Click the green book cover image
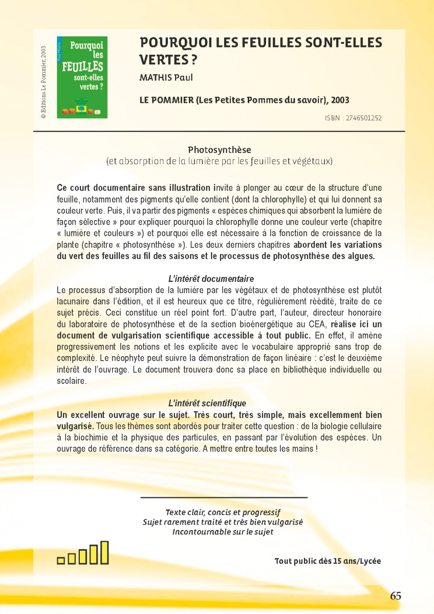pyautogui.click(x=82, y=77)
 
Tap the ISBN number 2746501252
pyautogui.click(x=364, y=118)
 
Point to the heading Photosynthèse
pyautogui.click(x=219, y=150)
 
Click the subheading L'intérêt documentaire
pyautogui.click(x=211, y=279)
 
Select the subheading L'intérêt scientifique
pyautogui.click(x=207, y=403)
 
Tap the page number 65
pyautogui.click(x=396, y=596)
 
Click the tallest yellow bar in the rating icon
pyautogui.click(x=104, y=553)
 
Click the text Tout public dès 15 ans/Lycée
pyautogui.click(x=328, y=561)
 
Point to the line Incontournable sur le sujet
pyautogui.click(x=223, y=532)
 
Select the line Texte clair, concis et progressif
pyautogui.click(x=223, y=512)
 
